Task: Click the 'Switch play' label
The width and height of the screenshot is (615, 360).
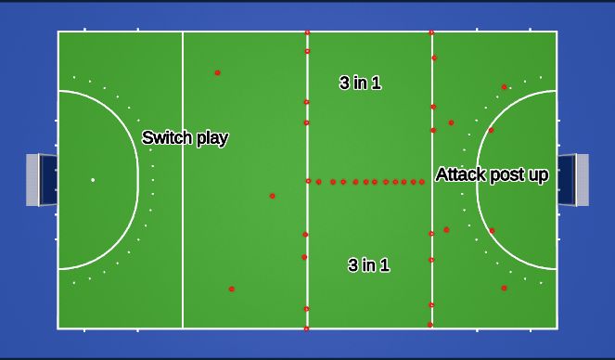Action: tap(186, 138)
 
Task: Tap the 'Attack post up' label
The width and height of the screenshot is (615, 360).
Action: tap(492, 174)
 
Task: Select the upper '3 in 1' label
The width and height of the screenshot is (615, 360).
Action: tap(360, 83)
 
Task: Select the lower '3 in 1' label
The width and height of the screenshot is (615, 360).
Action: tap(368, 265)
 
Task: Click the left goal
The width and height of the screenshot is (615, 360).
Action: tap(41, 179)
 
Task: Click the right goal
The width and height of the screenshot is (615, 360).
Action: tap(574, 179)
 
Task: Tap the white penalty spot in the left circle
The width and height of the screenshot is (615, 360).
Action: tap(93, 179)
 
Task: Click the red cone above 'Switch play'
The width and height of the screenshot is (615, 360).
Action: tap(217, 72)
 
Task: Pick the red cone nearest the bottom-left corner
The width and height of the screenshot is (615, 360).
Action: tap(232, 289)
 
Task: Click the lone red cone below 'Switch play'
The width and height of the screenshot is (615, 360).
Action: tap(272, 196)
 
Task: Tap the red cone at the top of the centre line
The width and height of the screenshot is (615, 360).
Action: tap(307, 32)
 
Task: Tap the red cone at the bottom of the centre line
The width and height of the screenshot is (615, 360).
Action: tap(307, 328)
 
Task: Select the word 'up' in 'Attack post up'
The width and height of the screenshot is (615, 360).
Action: tap(538, 175)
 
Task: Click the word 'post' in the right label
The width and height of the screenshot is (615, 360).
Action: tap(504, 175)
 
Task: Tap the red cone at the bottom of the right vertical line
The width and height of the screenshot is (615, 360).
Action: tap(430, 325)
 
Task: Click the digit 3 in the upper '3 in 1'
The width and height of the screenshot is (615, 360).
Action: tap(344, 83)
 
